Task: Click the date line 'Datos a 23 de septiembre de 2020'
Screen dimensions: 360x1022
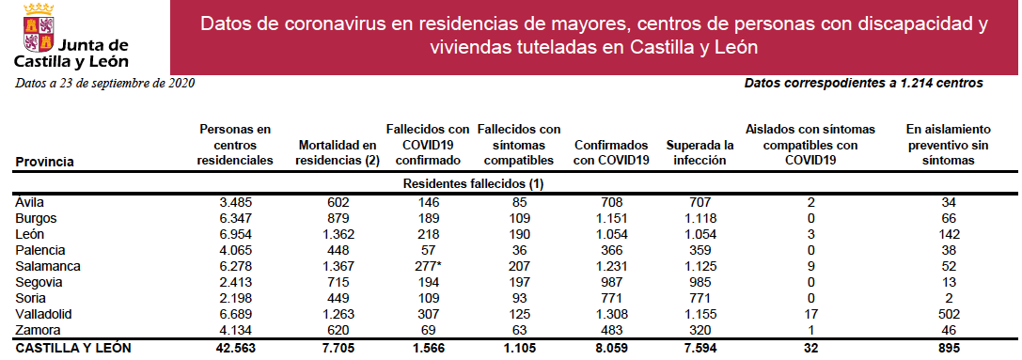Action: pyautogui.click(x=104, y=85)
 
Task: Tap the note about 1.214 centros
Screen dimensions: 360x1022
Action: pyautogui.click(x=863, y=84)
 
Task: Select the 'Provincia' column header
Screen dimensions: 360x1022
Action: pyautogui.click(x=45, y=162)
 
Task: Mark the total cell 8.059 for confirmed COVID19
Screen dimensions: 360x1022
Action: pyautogui.click(x=611, y=348)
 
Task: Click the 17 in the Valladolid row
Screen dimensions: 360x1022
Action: pyautogui.click(x=810, y=315)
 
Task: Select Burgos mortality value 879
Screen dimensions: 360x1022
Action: pyautogui.click(x=338, y=217)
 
